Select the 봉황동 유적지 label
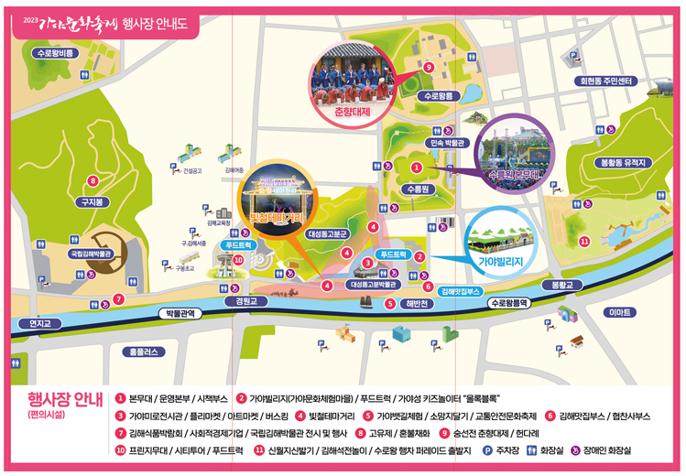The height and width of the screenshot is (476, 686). [623, 162]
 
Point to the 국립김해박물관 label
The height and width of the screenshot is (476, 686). [91, 253]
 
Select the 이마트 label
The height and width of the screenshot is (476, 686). [620, 313]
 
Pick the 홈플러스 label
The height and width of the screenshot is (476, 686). [146, 351]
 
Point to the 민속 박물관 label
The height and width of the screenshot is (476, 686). [449, 143]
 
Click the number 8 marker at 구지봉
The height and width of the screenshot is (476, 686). [93, 180]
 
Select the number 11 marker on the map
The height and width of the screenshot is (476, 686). [583, 242]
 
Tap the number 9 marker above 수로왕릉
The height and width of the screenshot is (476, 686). [429, 67]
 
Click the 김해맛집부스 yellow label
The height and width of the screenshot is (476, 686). [460, 290]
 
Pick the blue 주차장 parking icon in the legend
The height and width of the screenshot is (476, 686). [486, 450]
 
